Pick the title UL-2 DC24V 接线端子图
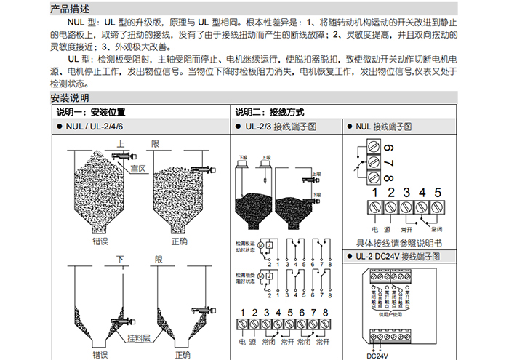(x=399, y=257)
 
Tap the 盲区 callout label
(x=138, y=169)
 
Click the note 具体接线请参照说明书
(x=399, y=244)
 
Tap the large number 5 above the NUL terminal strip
(x=438, y=193)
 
